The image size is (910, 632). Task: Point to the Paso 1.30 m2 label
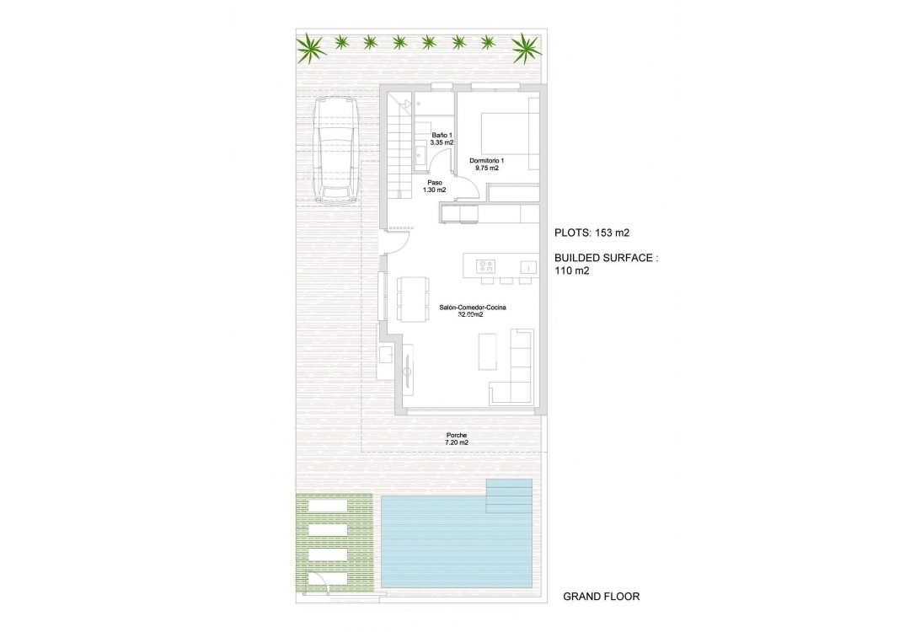(435, 185)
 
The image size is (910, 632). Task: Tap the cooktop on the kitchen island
(484, 267)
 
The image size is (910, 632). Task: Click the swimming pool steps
(509, 495)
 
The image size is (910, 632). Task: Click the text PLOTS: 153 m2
(592, 233)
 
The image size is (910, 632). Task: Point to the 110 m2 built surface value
(572, 271)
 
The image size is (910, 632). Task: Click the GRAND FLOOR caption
(601, 597)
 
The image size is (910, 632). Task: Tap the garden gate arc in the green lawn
(317, 581)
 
